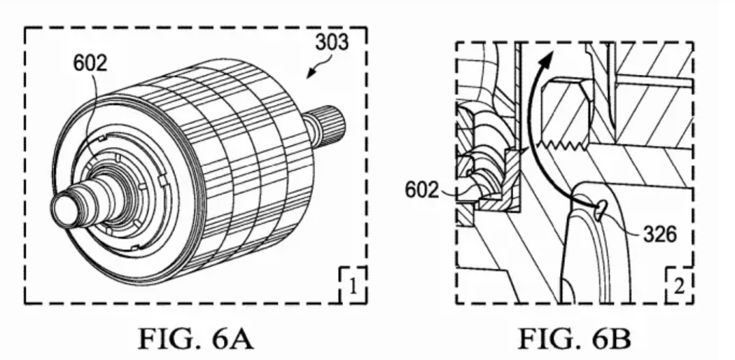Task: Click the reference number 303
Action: point(332,42)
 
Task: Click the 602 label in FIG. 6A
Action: point(90,63)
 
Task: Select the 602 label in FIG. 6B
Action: point(422,190)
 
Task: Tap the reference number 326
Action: point(660,234)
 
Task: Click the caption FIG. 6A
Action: point(195,339)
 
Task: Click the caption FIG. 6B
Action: point(574,339)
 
